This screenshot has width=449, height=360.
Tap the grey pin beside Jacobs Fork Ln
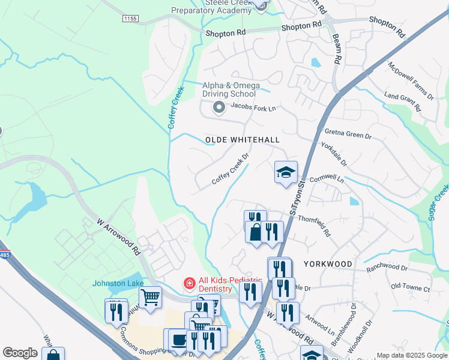pos(219,108)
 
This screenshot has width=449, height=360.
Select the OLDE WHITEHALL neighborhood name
pos(243,140)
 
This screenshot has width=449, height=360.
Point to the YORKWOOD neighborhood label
pos(328,263)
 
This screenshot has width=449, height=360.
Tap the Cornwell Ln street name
pos(327,179)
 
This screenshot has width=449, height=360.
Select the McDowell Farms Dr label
pos(411,80)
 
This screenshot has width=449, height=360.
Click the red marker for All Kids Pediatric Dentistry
pos(189,283)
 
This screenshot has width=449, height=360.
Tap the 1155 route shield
pos(130,19)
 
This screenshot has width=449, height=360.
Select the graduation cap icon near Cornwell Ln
pos(286,172)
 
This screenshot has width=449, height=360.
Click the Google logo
pos(20,353)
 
